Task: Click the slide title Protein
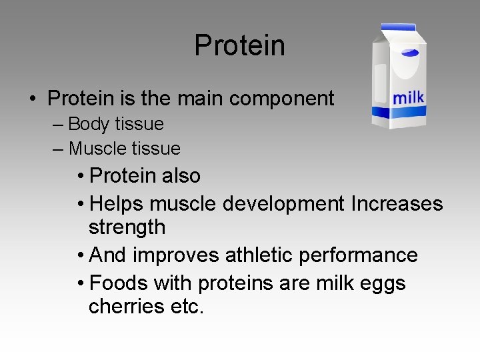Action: [239, 45]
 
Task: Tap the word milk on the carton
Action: [408, 97]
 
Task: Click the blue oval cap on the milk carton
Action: [409, 52]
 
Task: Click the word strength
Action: [127, 227]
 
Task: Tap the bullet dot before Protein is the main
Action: [32, 99]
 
